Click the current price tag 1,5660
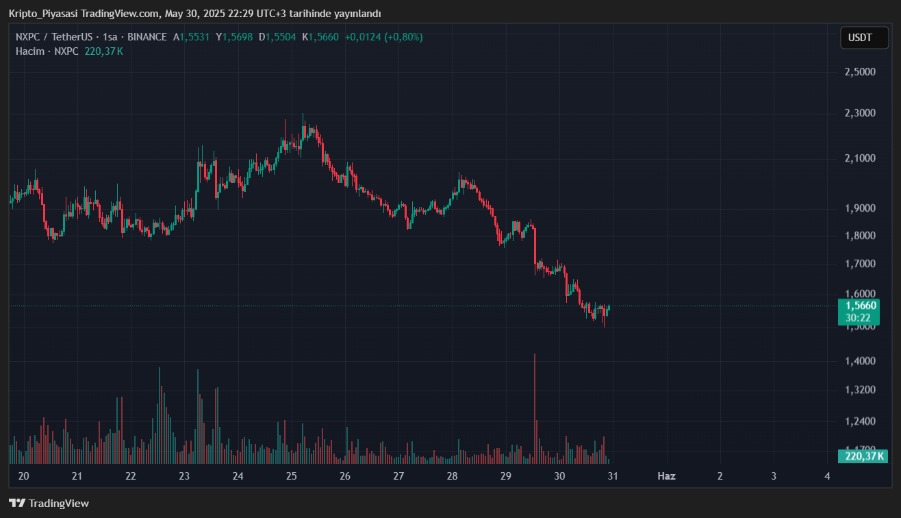point(861,306)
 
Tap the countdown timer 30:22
point(857,318)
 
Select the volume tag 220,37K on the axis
point(863,456)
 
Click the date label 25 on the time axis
point(291,476)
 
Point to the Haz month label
point(666,476)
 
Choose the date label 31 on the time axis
point(613,476)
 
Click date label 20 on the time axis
point(23,476)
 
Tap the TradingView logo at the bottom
point(49,504)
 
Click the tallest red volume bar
point(534,404)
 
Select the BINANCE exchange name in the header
point(147,37)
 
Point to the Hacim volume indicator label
point(30,51)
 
